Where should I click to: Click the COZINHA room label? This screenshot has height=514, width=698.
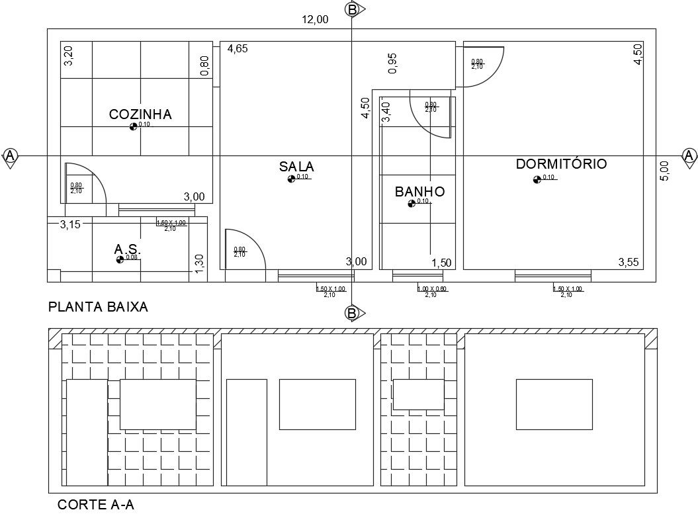pos(140,114)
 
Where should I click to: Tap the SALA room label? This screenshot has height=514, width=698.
pos(296,167)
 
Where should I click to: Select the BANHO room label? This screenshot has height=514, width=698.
pos(419,192)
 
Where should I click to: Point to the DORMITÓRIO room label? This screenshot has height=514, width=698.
pos(561,164)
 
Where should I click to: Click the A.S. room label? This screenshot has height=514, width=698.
pos(128,249)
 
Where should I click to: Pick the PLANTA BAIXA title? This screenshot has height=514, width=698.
pos(98,307)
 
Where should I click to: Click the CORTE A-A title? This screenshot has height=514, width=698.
pos(96,505)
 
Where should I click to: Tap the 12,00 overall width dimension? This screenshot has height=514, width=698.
pos(315,19)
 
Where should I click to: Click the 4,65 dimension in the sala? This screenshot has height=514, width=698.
pos(238,48)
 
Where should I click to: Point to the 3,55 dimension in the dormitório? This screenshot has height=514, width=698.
pos(629,263)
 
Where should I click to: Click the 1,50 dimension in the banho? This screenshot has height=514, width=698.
pos(441,263)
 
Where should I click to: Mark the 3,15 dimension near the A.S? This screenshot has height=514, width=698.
pos(69,224)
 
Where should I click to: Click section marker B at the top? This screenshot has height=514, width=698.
pos(353,9)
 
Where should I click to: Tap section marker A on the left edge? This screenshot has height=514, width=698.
pos(10,156)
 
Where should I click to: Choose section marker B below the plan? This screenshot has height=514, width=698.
pos(353,313)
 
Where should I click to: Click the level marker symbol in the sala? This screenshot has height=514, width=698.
pos(291,179)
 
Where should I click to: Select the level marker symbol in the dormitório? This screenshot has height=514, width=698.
pos(537,180)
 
